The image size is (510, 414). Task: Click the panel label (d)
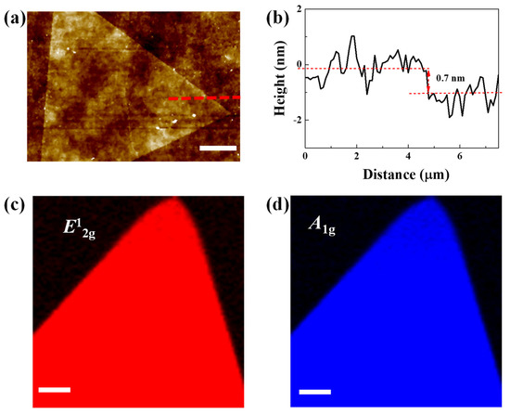268,203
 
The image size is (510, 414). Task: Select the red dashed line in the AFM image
205,97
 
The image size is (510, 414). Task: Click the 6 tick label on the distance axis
460,158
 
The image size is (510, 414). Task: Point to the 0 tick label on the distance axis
305,158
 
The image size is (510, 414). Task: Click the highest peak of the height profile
353,36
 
